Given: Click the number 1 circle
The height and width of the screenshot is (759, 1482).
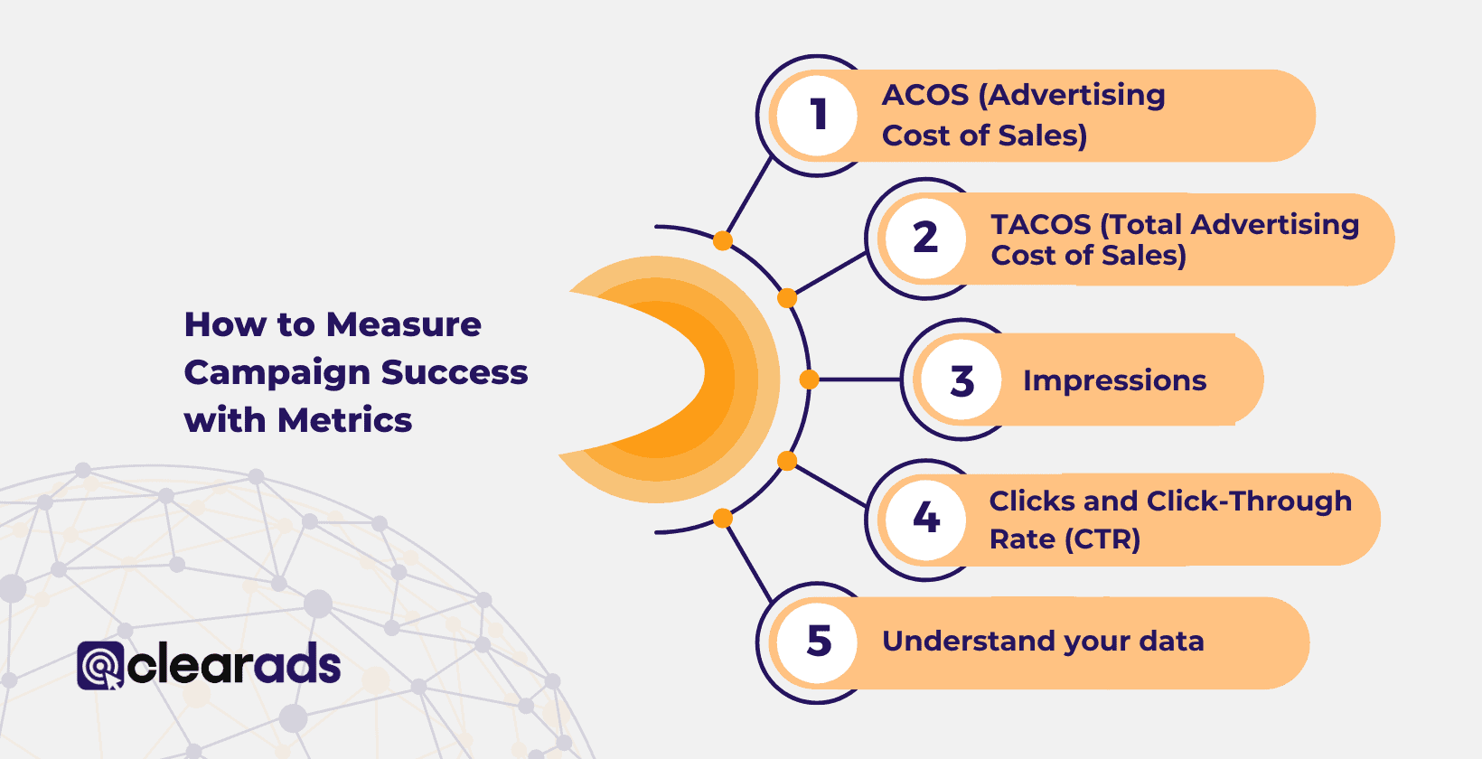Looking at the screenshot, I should click(817, 116).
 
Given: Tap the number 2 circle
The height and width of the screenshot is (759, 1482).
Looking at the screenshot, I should click(925, 239).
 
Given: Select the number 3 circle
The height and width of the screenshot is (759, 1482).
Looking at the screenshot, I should click(961, 380).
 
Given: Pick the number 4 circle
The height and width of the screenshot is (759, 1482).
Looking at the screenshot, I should click(925, 518).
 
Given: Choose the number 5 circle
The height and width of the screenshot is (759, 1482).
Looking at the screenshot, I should click(818, 642).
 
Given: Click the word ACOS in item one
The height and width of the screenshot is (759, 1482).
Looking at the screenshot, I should click(924, 95).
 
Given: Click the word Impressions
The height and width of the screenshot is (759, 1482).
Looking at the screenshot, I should click(1114, 380).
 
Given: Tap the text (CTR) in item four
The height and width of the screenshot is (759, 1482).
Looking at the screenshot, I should click(1102, 539).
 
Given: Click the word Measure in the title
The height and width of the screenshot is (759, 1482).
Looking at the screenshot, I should click(404, 324).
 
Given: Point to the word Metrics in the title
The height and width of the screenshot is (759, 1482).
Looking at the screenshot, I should click(344, 420).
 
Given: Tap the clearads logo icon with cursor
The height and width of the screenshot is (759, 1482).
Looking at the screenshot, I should click(100, 666).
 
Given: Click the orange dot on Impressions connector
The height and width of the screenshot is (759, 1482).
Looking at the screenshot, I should click(809, 379).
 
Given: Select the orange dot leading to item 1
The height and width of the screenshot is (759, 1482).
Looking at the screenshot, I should click(722, 240).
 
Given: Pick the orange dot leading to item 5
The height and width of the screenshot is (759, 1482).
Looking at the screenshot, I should click(722, 518).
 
